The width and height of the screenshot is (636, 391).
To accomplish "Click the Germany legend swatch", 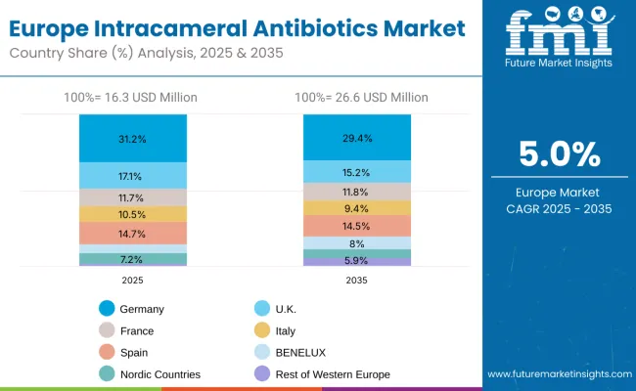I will tap(106, 309).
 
